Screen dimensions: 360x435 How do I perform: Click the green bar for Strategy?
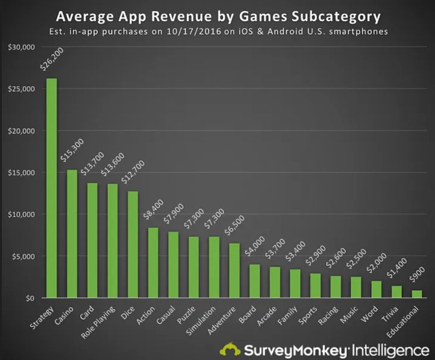tap(52, 188)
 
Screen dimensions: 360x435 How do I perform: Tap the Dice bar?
tap(133, 244)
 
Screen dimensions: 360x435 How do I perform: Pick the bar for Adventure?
tap(234, 270)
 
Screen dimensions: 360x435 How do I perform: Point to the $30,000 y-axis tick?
tap(20, 48)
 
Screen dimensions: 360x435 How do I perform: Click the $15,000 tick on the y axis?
tap(20, 173)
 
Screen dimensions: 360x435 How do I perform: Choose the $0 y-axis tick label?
tap(29, 298)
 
